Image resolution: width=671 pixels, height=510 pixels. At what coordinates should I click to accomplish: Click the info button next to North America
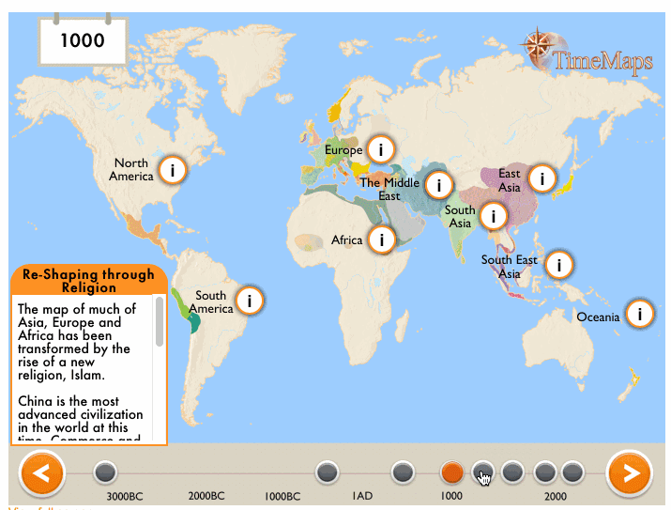[173, 170]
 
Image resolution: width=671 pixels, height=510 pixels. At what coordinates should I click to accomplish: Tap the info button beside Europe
[381, 148]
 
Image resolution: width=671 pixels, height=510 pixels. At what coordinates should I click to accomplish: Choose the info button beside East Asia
[541, 178]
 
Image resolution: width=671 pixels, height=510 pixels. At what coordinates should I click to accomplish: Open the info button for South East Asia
[559, 265]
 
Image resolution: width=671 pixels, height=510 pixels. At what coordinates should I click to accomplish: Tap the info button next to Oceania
[640, 314]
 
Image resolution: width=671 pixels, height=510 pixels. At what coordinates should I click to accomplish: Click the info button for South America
[249, 301]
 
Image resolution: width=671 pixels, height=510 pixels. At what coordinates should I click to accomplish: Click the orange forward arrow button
[629, 473]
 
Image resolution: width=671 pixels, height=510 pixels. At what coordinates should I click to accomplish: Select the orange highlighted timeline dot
[452, 471]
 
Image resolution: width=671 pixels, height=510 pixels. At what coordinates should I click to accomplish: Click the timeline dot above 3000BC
[105, 471]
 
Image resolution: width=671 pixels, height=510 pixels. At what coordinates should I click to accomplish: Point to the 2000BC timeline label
[206, 496]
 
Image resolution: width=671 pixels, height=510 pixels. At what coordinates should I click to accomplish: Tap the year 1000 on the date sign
[82, 40]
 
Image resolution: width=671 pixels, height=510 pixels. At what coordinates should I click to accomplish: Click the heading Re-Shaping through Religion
[88, 281]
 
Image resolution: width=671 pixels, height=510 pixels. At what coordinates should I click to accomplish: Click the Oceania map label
[598, 317]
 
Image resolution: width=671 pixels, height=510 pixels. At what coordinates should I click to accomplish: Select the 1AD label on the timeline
[362, 496]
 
